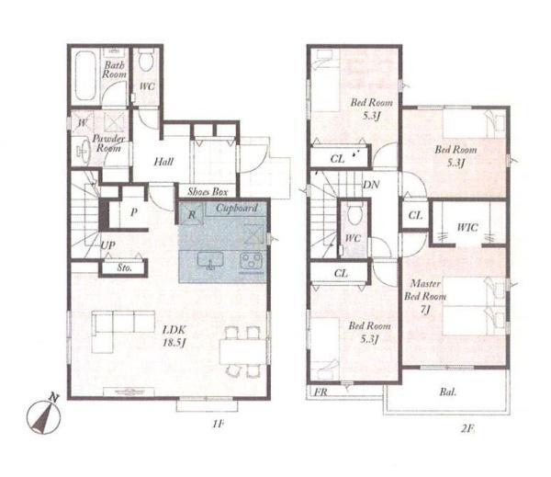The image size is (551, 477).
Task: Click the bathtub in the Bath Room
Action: pos(85,75)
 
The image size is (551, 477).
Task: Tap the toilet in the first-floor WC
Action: pos(145,60)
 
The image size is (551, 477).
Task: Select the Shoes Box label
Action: pos(208,191)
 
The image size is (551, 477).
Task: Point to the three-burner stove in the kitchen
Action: pos(251,262)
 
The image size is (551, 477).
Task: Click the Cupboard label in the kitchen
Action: pos(237,208)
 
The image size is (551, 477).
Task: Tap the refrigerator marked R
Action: pos(191,214)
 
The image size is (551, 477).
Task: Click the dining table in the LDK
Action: pos(242,352)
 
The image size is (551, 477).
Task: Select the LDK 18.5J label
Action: pos(174,336)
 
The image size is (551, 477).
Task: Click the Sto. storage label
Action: pos(124,267)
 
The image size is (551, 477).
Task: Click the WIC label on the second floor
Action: pos(467,227)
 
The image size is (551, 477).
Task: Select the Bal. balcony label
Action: pos(448,392)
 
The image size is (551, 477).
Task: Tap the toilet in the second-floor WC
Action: pos(354,214)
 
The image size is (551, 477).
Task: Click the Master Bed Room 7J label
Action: pos(425,296)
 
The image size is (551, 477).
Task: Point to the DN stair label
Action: pos(371,184)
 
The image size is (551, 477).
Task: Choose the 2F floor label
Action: pos(467,428)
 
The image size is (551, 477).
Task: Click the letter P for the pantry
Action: pos(133,212)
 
